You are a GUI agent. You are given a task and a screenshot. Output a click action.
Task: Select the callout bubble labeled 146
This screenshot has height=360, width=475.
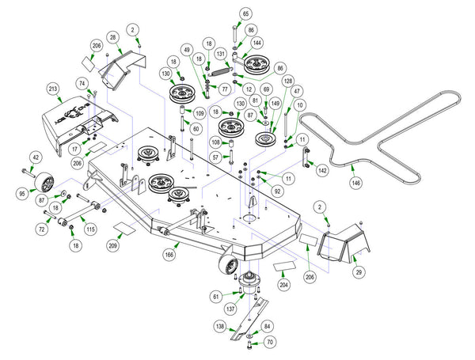tap(356, 183)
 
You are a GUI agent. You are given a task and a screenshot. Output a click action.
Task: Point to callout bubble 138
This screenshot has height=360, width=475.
tap(219, 326)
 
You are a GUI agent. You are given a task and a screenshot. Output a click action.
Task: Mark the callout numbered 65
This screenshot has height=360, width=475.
tap(245, 14)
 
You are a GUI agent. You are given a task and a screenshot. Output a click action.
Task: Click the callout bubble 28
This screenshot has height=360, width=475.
tap(113, 37)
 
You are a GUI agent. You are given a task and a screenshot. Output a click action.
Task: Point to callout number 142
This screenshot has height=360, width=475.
tap(322, 170)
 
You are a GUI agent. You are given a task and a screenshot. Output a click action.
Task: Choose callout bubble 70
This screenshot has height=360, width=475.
tap(270, 343)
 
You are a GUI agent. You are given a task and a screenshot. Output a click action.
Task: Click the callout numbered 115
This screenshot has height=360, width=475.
tap(90, 229)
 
